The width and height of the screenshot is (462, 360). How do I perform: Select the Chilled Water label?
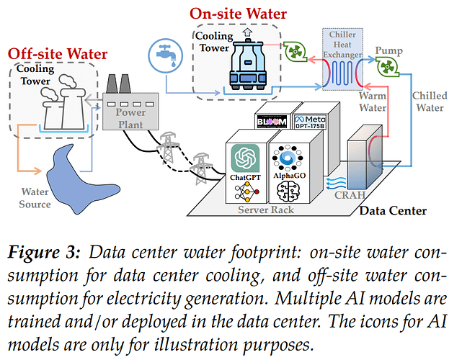tap(429, 102)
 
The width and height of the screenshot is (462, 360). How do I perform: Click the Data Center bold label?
tap(392, 211)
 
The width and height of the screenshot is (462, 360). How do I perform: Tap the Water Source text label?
tap(35, 198)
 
